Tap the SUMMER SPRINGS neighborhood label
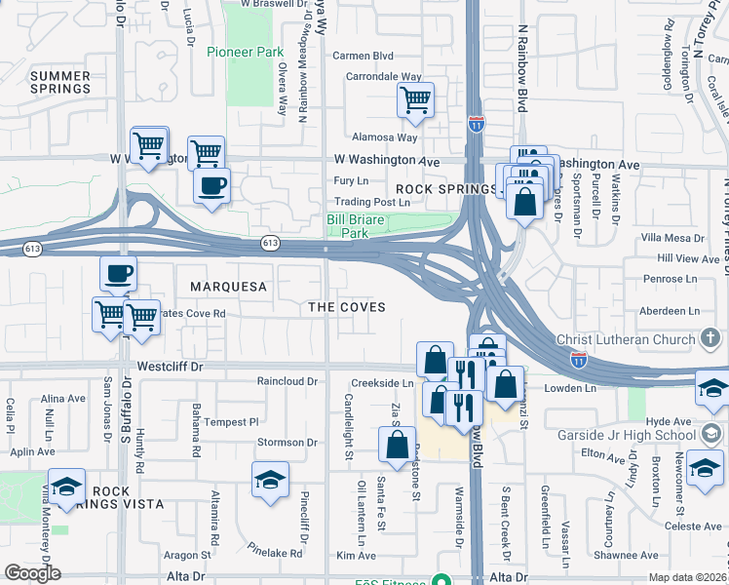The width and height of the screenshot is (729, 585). point(60,82)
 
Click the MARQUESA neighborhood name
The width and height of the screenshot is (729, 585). point(228,287)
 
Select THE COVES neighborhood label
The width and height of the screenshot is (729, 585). point(347,307)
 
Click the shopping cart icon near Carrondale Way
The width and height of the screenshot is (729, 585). point(415,99)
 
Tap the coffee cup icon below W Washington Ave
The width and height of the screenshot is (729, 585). point(211,184)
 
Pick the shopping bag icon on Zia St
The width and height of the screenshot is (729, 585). point(398,446)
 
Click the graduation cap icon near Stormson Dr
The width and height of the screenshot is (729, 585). point(270,480)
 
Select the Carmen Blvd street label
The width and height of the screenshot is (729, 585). point(363,56)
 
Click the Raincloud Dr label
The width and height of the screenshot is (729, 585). point(288,381)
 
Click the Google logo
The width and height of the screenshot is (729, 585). point(32,573)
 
